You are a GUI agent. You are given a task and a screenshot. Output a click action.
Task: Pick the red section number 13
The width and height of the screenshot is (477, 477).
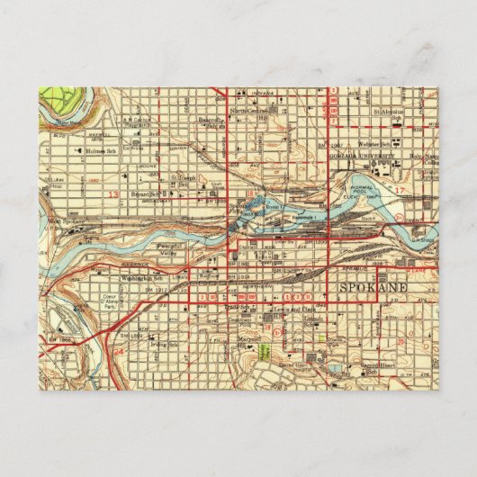tap(113, 193)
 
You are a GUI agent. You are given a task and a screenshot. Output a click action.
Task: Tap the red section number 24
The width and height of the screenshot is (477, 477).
tap(119, 353)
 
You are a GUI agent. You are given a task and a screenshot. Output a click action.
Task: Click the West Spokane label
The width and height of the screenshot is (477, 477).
tap(66, 220)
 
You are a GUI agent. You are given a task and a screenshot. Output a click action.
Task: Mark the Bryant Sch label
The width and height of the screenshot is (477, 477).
tap(140, 193)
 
